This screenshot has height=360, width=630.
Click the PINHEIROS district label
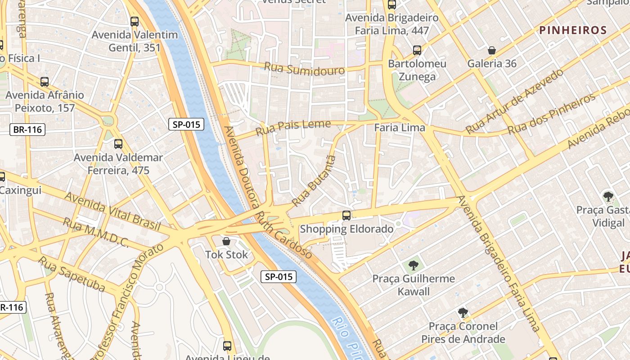point(573,30)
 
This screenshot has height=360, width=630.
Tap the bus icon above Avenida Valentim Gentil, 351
point(134,21)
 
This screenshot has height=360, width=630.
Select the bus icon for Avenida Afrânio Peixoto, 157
point(44,81)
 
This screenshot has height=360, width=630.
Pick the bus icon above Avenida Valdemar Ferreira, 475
point(118,144)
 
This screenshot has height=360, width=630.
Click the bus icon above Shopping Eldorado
point(346,215)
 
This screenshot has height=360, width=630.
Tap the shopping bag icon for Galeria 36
point(492,50)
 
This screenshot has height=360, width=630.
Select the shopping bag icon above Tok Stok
point(226,241)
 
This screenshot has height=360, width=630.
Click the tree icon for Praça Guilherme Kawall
point(413,265)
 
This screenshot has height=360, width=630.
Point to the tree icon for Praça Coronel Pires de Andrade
point(463,313)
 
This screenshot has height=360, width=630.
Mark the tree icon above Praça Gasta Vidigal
point(608,197)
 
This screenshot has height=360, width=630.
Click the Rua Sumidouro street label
point(304,69)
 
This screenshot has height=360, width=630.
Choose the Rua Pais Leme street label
point(293,127)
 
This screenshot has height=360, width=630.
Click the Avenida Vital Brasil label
point(112,211)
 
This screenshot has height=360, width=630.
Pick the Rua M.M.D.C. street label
point(95,233)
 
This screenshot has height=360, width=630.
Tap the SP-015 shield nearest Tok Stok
point(279,277)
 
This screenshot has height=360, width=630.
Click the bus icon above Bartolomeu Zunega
point(417,50)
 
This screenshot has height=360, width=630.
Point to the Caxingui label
point(21,190)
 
